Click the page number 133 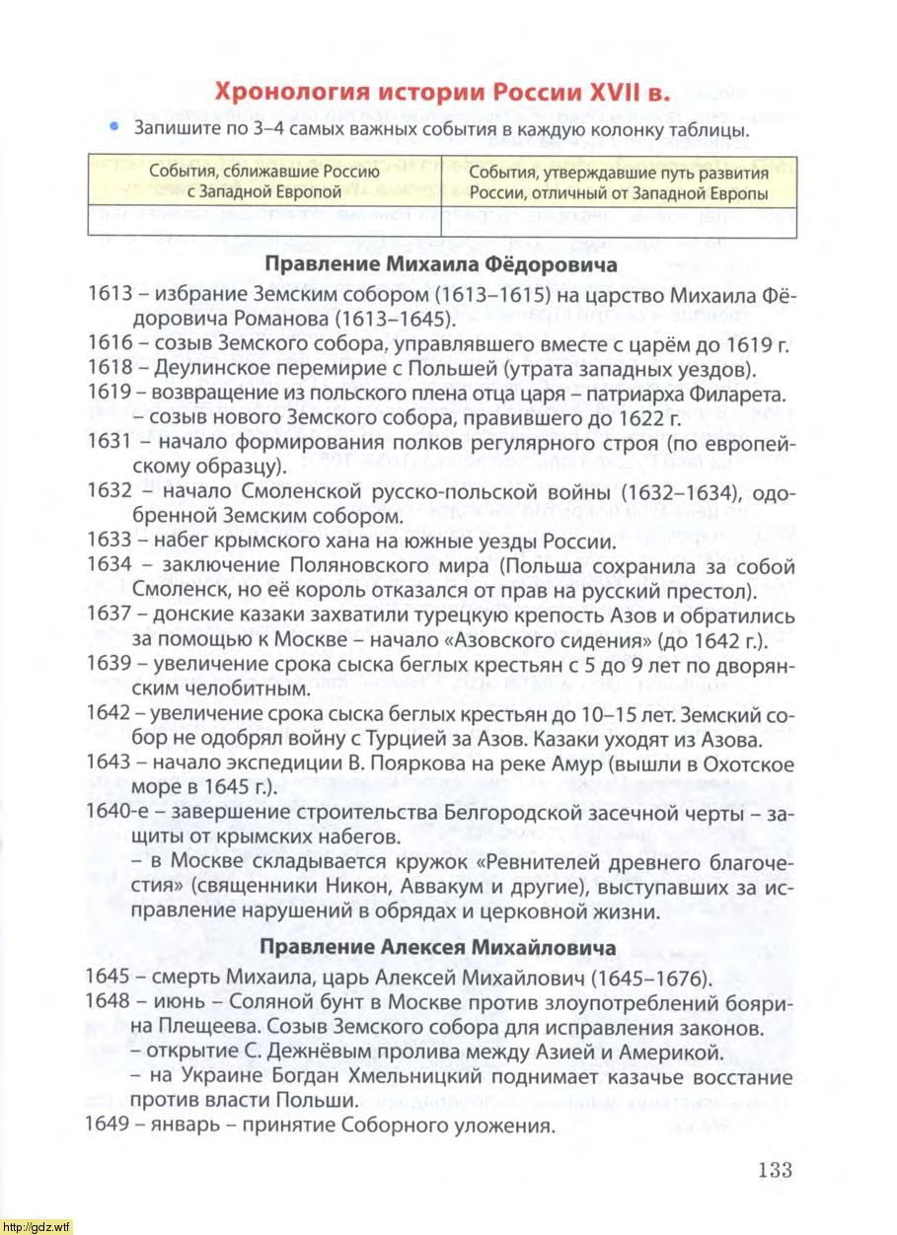tap(776, 1170)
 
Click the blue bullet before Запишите tap(114, 128)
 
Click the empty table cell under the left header tap(263, 220)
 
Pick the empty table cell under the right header tap(619, 220)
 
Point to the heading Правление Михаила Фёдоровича tap(441, 265)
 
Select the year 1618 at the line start tap(106, 369)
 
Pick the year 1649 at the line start tap(106, 1126)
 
